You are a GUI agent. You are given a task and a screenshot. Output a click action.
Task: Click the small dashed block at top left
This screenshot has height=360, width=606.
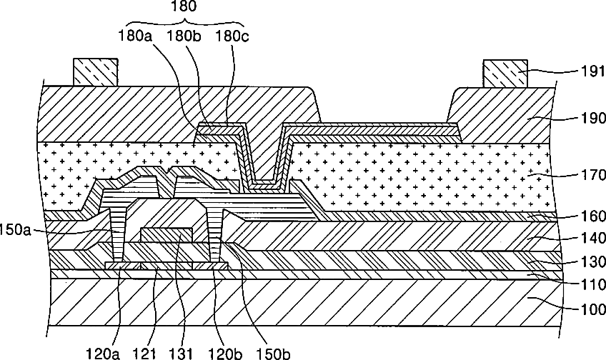point(95,72)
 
